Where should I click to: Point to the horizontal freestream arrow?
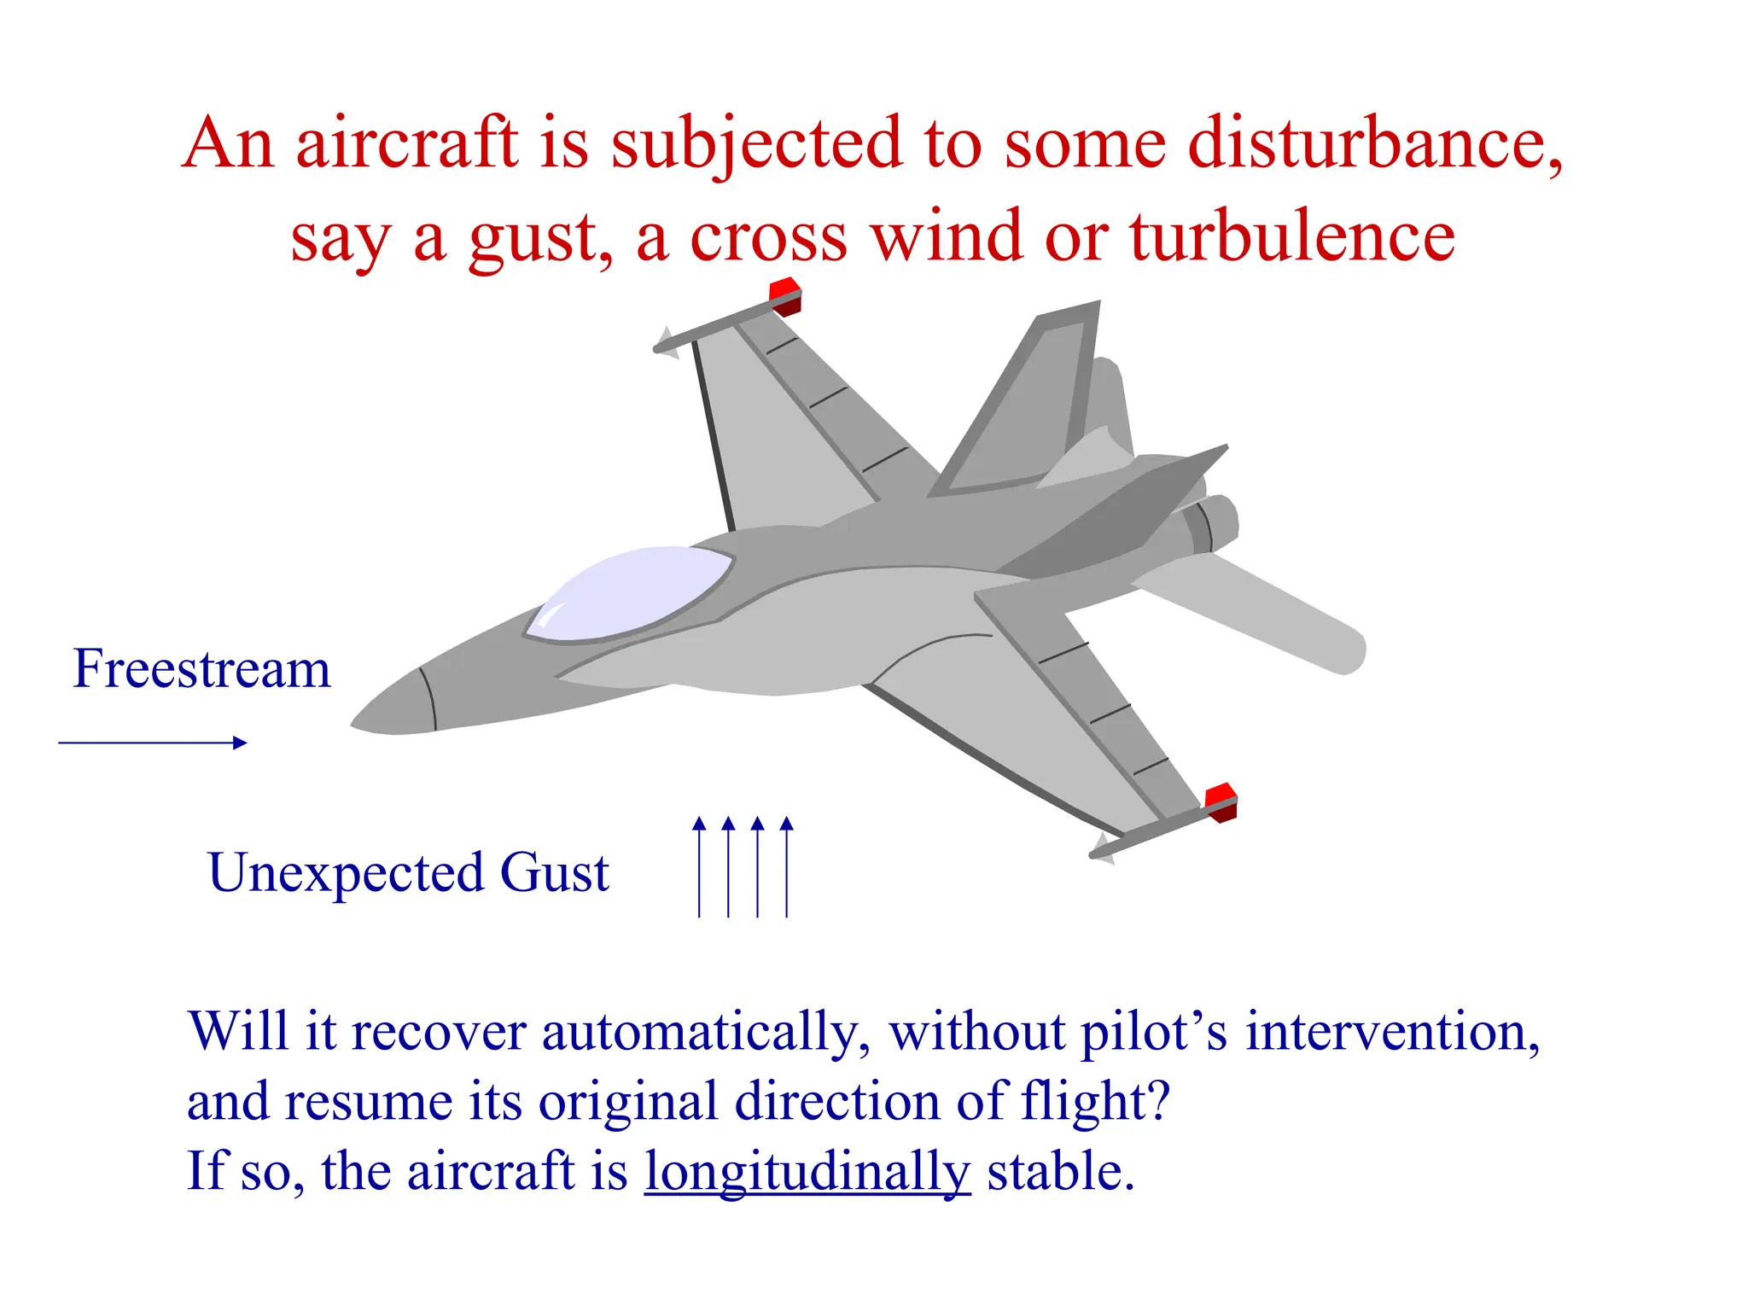pos(152,743)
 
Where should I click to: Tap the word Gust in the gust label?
pos(554,872)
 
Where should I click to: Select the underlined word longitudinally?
pos(807,1171)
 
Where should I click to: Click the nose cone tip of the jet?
pos(358,724)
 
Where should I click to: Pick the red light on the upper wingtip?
pos(785,294)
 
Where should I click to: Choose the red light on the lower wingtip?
pos(1221,801)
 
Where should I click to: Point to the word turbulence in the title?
pos(1292,236)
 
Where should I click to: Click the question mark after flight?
pos(1157,1101)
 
